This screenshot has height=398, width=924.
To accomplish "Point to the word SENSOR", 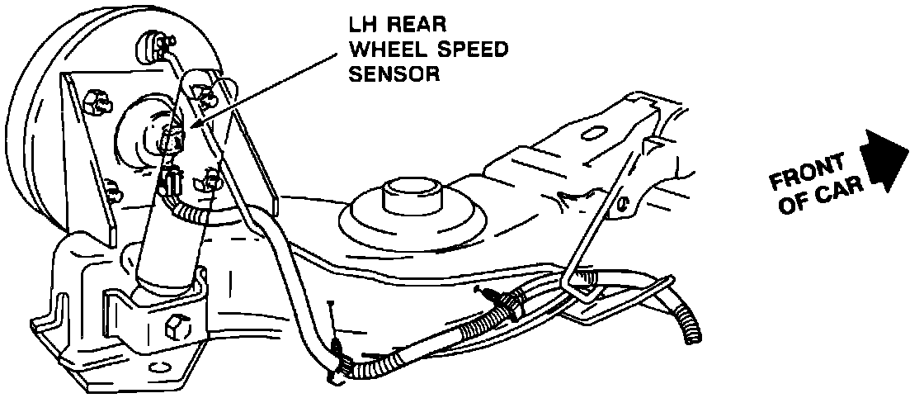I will pos(392,74).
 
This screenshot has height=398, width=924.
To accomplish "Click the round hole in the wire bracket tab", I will pos(627,201).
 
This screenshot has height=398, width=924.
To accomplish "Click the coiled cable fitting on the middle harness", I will pos(508,306).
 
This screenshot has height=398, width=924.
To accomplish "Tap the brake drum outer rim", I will pos(33,124).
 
